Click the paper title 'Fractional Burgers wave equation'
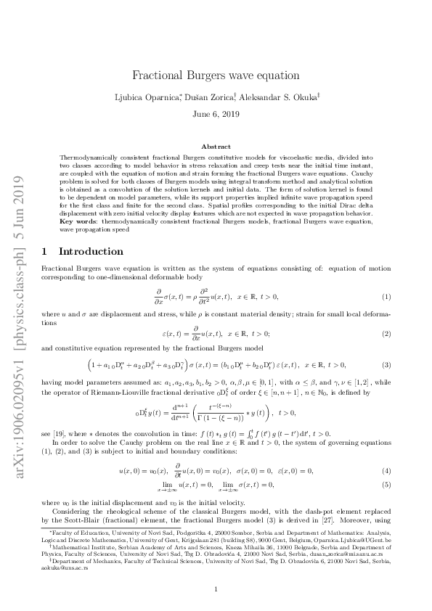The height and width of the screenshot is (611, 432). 216,75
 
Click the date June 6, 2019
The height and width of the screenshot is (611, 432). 216,114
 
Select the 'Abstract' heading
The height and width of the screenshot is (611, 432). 216,146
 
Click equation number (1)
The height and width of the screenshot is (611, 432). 386,298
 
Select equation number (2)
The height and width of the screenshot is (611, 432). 386,333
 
